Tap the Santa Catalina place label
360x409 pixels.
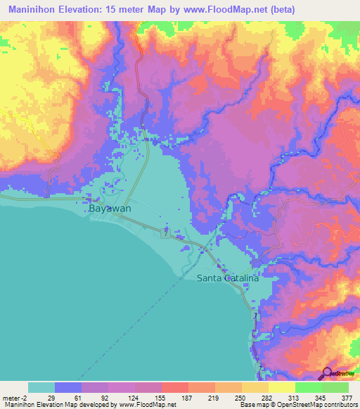point(227,278)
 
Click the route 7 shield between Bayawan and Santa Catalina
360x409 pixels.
point(166,231)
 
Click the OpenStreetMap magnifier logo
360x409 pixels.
point(328,374)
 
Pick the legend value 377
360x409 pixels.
point(347,398)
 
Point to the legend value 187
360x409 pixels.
point(188,398)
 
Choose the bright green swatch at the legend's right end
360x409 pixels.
point(335,387)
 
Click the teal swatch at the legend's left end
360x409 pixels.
point(41,387)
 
